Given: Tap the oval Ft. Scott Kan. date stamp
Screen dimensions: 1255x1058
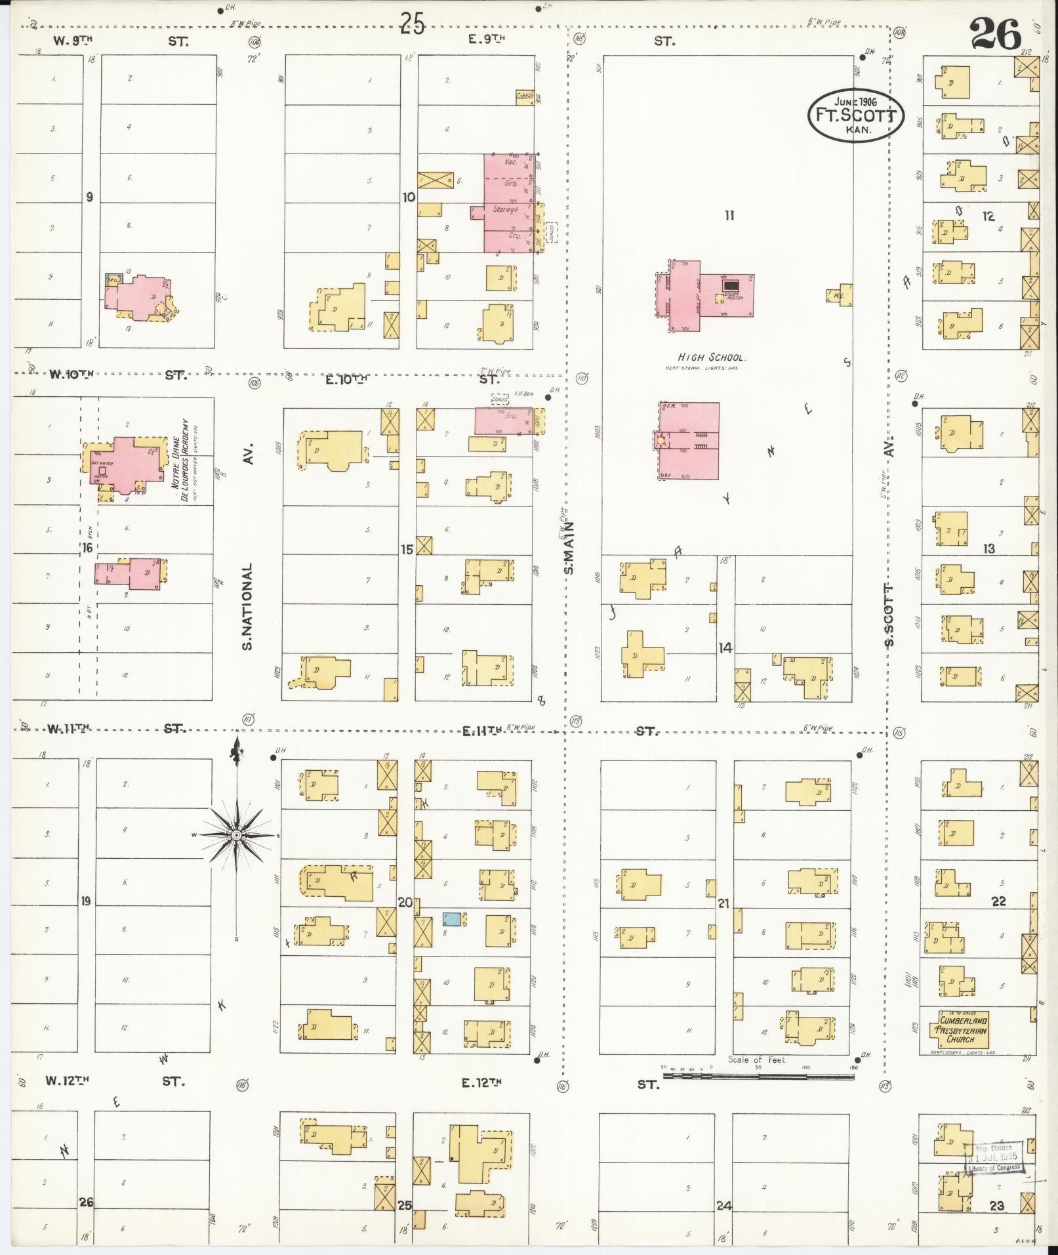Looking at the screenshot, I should [855, 115].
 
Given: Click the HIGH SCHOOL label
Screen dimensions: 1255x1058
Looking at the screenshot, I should [712, 358].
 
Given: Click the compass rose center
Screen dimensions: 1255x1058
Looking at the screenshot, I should [236, 834].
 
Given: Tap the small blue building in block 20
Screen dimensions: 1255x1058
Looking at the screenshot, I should [451, 918].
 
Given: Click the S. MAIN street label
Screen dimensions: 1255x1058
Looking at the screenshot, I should [569, 548].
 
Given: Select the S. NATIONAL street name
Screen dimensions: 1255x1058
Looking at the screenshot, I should [247, 607].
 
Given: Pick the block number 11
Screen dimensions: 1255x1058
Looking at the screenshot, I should [729, 215].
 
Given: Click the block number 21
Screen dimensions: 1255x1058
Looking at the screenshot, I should [723, 904].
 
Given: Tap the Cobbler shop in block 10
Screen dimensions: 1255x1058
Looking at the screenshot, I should [525, 97].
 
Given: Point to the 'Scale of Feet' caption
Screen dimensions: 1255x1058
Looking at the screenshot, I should [758, 1060].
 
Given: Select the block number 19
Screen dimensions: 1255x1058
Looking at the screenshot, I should [85, 901].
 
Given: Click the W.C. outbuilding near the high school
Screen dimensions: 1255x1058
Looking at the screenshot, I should [840, 295].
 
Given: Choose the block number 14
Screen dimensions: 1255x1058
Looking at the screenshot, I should [725, 648].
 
